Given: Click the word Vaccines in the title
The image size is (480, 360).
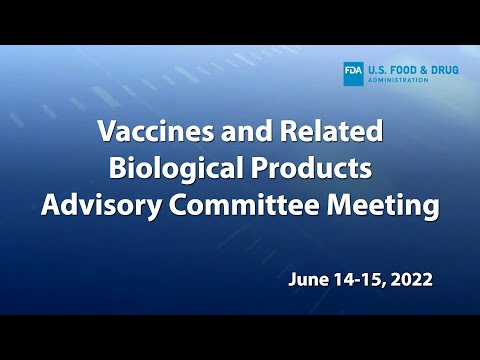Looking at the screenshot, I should (x=149, y=131).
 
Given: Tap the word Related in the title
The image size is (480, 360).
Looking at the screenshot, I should (x=336, y=131).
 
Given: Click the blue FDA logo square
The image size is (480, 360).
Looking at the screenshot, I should (x=353, y=73).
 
